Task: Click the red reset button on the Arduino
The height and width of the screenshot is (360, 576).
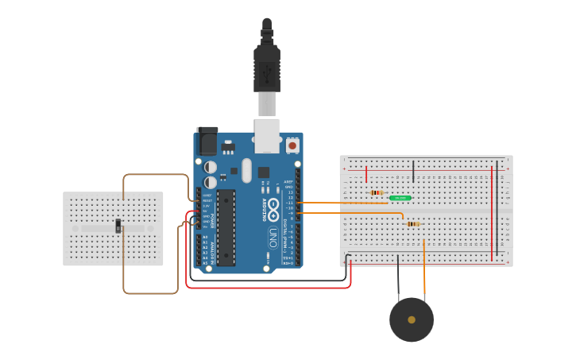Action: pyautogui.click(x=292, y=145)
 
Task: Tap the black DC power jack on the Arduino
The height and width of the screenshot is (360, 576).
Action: pyautogui.click(x=207, y=141)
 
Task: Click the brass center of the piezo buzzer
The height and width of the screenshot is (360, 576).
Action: pyautogui.click(x=412, y=319)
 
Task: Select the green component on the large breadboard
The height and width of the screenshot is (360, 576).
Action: pyautogui.click(x=400, y=198)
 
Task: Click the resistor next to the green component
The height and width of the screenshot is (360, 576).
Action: pyautogui.click(x=377, y=192)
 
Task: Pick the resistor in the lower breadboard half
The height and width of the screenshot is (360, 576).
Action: pyautogui.click(x=413, y=224)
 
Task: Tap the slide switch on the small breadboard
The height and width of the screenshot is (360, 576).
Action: pyautogui.click(x=118, y=227)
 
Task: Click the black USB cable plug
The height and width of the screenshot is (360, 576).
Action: pyautogui.click(x=266, y=68)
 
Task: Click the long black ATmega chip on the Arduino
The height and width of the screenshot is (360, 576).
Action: pyautogui.click(x=226, y=226)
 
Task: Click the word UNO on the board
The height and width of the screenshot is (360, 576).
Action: pyautogui.click(x=272, y=237)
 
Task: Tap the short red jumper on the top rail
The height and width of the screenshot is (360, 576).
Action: pyautogui.click(x=366, y=174)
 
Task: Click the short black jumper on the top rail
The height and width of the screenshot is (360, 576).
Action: pyautogui.click(x=413, y=170)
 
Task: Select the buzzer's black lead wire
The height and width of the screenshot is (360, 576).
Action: pyautogui.click(x=399, y=278)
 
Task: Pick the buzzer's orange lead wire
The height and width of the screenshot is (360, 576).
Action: pyautogui.click(x=424, y=270)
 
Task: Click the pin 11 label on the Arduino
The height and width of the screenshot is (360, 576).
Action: pyautogui.click(x=290, y=203)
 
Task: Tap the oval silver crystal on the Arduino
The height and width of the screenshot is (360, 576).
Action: pyautogui.click(x=246, y=170)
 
